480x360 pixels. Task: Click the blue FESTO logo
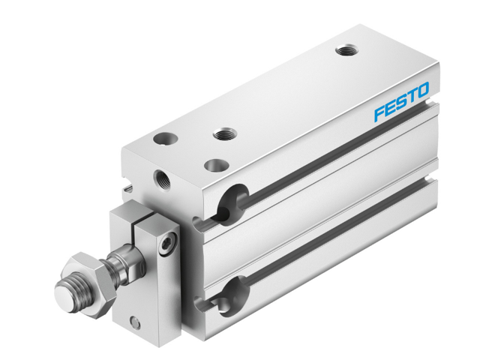click(401, 102)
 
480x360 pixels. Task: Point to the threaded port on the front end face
click(161, 180)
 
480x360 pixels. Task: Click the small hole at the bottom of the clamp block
click(136, 322)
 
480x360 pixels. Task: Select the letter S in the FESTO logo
click(401, 102)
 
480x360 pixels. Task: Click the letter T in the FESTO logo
click(412, 97)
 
